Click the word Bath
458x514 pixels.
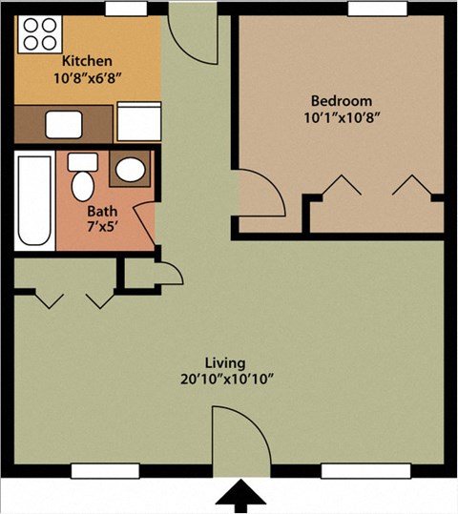click(x=102, y=212)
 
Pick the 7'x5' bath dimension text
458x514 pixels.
click(x=102, y=229)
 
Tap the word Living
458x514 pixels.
click(x=225, y=363)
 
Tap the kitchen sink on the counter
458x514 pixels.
click(x=65, y=123)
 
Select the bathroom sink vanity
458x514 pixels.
click(x=129, y=170)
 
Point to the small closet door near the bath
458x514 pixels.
click(x=168, y=272)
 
